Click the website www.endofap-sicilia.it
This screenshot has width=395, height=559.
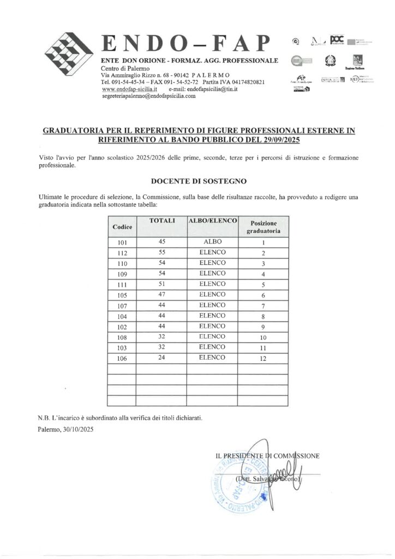pos(130,89)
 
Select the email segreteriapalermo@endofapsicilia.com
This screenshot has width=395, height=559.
pos(148,96)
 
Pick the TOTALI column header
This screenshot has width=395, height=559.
pos(161,221)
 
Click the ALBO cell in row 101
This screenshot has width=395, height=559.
pos(212,242)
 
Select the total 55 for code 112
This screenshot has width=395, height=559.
pos(161,252)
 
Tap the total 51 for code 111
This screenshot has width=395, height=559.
pos(161,284)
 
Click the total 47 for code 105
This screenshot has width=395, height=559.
pos(161,294)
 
